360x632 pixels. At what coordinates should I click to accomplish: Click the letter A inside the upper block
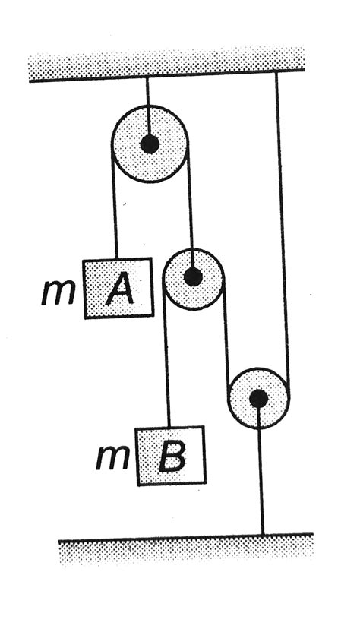click(x=120, y=288)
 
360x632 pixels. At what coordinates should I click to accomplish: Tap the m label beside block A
click(x=58, y=292)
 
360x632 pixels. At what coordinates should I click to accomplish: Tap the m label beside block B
click(x=112, y=459)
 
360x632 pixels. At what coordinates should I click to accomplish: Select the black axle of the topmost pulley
click(x=150, y=144)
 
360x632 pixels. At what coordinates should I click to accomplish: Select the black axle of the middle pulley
click(x=193, y=277)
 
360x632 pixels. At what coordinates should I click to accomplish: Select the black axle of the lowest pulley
click(x=258, y=398)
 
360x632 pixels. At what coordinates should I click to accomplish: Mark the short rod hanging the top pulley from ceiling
click(x=148, y=108)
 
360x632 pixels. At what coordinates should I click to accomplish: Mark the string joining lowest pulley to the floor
click(x=261, y=468)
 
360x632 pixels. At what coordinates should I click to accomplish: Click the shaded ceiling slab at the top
click(x=166, y=63)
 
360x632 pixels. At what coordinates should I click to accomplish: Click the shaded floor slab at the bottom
click(x=186, y=549)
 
